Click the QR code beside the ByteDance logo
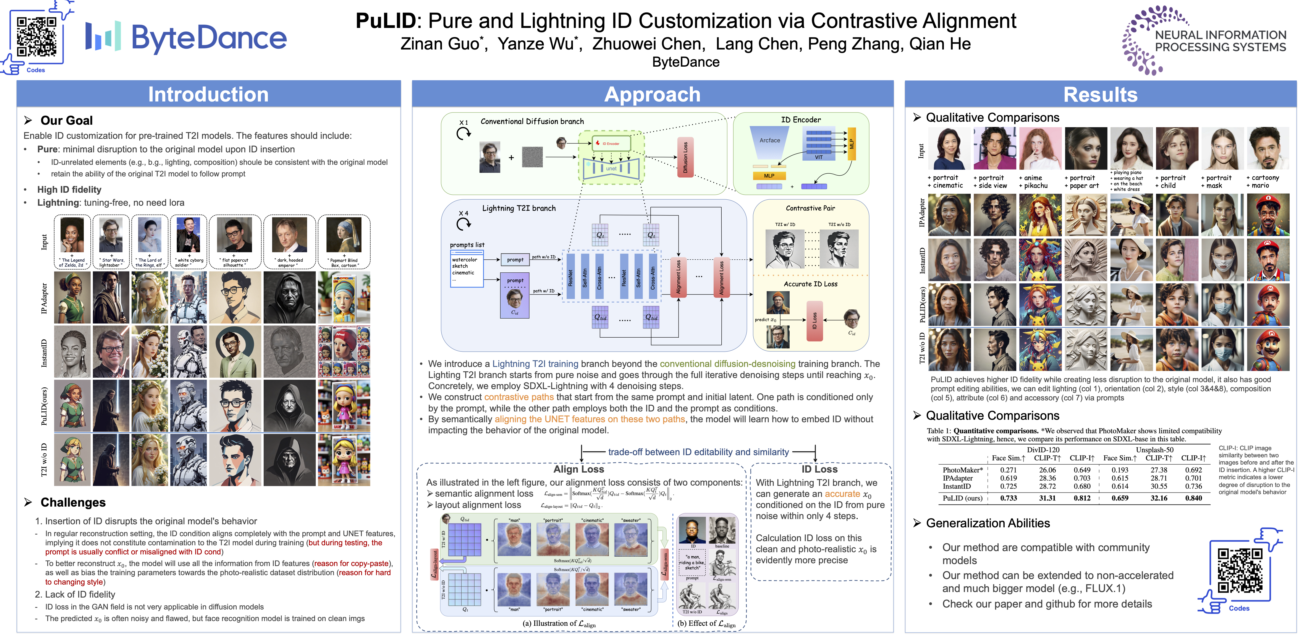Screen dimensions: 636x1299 point(36,36)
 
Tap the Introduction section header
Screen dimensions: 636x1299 point(208,94)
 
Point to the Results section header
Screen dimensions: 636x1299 point(1100,94)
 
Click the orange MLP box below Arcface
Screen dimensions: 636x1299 point(769,176)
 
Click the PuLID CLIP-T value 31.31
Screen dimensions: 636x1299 point(1047,498)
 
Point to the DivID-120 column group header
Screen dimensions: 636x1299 point(1043,449)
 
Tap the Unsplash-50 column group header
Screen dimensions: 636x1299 point(1154,449)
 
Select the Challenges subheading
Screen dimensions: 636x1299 point(73,502)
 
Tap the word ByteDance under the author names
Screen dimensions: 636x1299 point(685,62)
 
